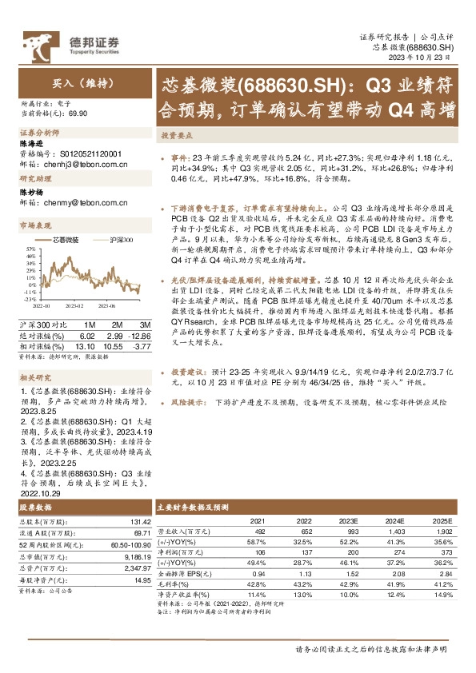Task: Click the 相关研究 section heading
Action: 35,375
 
